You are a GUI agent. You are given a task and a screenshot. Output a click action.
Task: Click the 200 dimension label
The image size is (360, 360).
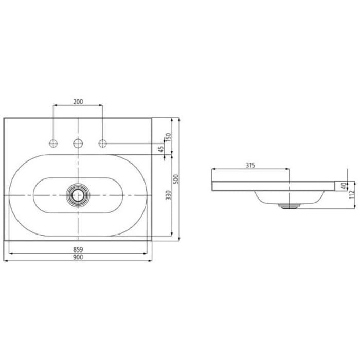point(78,102)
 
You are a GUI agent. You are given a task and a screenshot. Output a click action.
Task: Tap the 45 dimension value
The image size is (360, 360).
point(160,149)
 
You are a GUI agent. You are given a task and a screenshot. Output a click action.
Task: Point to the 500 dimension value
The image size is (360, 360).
point(175,179)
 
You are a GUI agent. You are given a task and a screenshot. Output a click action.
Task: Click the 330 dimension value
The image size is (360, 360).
point(168,196)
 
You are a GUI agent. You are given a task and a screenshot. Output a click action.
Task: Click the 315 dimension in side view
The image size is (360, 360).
point(250,165)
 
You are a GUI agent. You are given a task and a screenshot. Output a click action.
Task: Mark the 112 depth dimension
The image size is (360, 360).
point(352,194)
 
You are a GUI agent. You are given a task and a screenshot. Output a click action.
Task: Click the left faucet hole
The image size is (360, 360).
point(53,142)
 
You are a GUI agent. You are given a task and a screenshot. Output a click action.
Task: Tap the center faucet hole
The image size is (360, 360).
point(78,142)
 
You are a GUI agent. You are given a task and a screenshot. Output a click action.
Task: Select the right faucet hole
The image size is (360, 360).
point(102,142)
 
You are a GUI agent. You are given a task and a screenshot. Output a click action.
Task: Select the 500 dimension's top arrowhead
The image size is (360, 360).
point(179,119)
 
